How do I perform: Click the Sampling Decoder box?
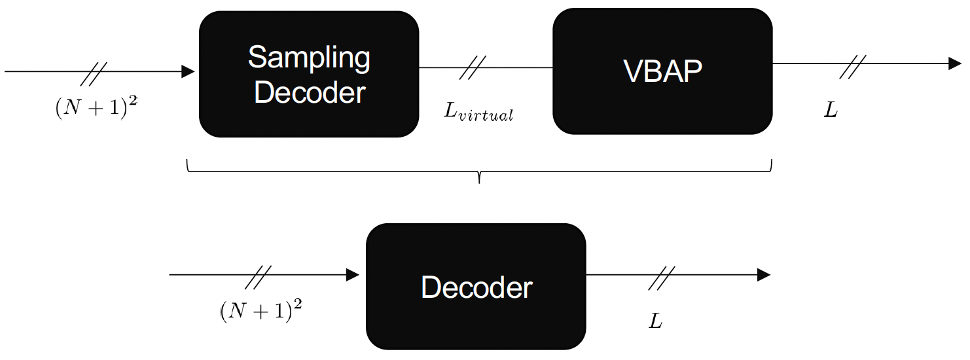(308, 74)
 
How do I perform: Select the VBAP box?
(662, 71)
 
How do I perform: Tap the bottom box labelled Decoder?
(476, 286)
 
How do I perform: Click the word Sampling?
(308, 58)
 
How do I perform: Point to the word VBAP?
(662, 71)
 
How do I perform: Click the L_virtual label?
(478, 112)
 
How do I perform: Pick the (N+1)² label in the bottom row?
(261, 310)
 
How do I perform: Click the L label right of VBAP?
(831, 110)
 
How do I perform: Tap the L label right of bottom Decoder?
(656, 321)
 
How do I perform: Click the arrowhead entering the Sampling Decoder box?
(189, 71)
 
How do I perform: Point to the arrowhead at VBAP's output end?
(955, 64)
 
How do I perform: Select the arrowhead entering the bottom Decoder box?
(353, 275)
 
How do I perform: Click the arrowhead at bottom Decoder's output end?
(763, 275)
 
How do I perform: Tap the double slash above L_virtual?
(473, 67)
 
